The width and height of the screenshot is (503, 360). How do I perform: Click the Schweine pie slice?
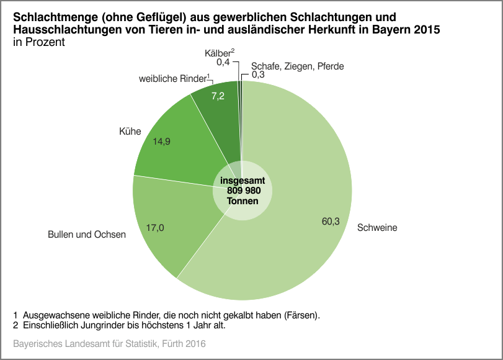point(298,186)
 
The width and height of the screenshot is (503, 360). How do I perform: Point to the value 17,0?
point(154,228)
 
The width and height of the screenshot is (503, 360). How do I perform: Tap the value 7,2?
point(218,96)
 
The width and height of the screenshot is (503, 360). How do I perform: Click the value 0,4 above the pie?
point(223,63)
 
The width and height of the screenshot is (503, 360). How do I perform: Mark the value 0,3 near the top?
point(258,75)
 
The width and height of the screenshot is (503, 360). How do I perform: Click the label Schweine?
point(376,228)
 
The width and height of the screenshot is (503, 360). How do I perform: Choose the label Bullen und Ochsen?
point(87,235)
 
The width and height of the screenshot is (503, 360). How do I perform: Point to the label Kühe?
point(130,132)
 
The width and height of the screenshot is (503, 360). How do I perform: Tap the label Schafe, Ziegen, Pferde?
point(297,66)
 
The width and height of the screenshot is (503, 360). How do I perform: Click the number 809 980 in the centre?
point(243,191)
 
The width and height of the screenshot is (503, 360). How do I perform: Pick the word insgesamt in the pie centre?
point(243,181)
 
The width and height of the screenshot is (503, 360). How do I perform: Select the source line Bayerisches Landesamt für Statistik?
point(109,343)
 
